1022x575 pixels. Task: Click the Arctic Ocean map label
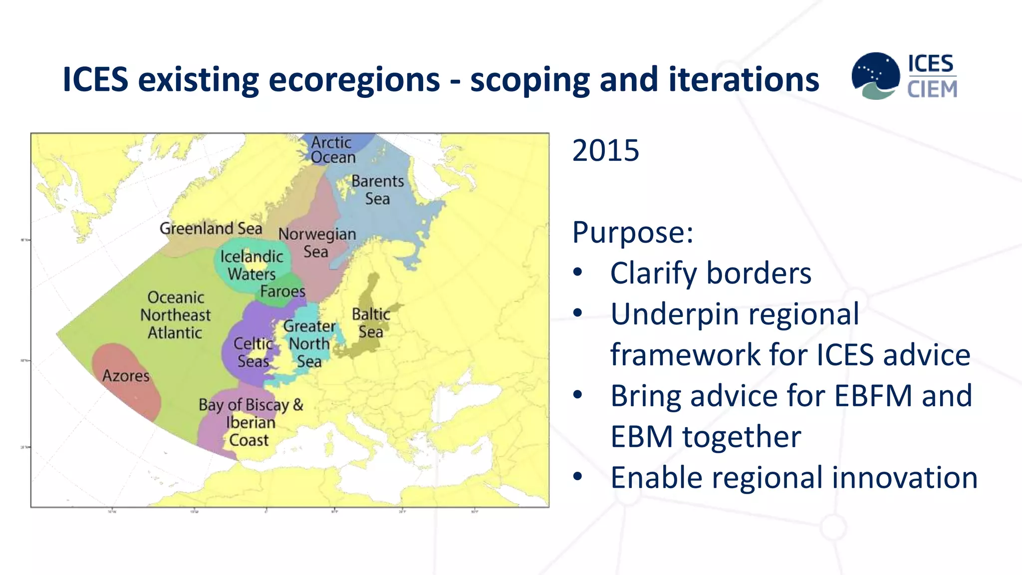click(x=333, y=150)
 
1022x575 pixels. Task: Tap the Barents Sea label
click(x=377, y=190)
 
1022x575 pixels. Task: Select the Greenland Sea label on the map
click(x=211, y=229)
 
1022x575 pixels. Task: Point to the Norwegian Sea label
click(x=317, y=243)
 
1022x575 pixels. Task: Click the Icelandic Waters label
click(x=252, y=265)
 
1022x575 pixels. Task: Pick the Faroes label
click(x=282, y=291)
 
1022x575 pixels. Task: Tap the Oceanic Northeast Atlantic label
click(x=175, y=315)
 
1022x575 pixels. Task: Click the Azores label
click(x=126, y=376)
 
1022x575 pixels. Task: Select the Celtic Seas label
click(x=253, y=352)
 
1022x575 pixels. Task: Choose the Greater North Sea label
click(x=309, y=344)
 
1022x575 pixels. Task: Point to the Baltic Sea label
click(x=371, y=323)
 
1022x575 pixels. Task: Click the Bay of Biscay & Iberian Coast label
click(x=251, y=422)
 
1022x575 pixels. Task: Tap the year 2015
click(x=605, y=150)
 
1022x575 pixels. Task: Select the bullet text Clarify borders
click(x=711, y=274)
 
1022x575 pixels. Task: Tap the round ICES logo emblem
click(x=875, y=75)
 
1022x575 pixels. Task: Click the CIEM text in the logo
click(x=932, y=90)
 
